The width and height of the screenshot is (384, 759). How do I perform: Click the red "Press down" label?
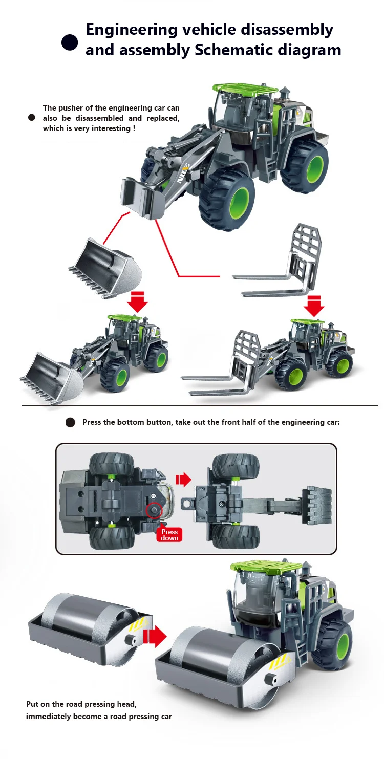(169, 535)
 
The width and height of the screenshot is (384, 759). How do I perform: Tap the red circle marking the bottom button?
(154, 511)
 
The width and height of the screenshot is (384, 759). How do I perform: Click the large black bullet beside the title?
(70, 42)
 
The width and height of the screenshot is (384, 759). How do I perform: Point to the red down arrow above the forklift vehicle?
(314, 306)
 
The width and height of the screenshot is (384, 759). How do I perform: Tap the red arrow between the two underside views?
(183, 480)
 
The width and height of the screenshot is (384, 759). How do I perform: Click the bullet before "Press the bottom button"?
(71, 423)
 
